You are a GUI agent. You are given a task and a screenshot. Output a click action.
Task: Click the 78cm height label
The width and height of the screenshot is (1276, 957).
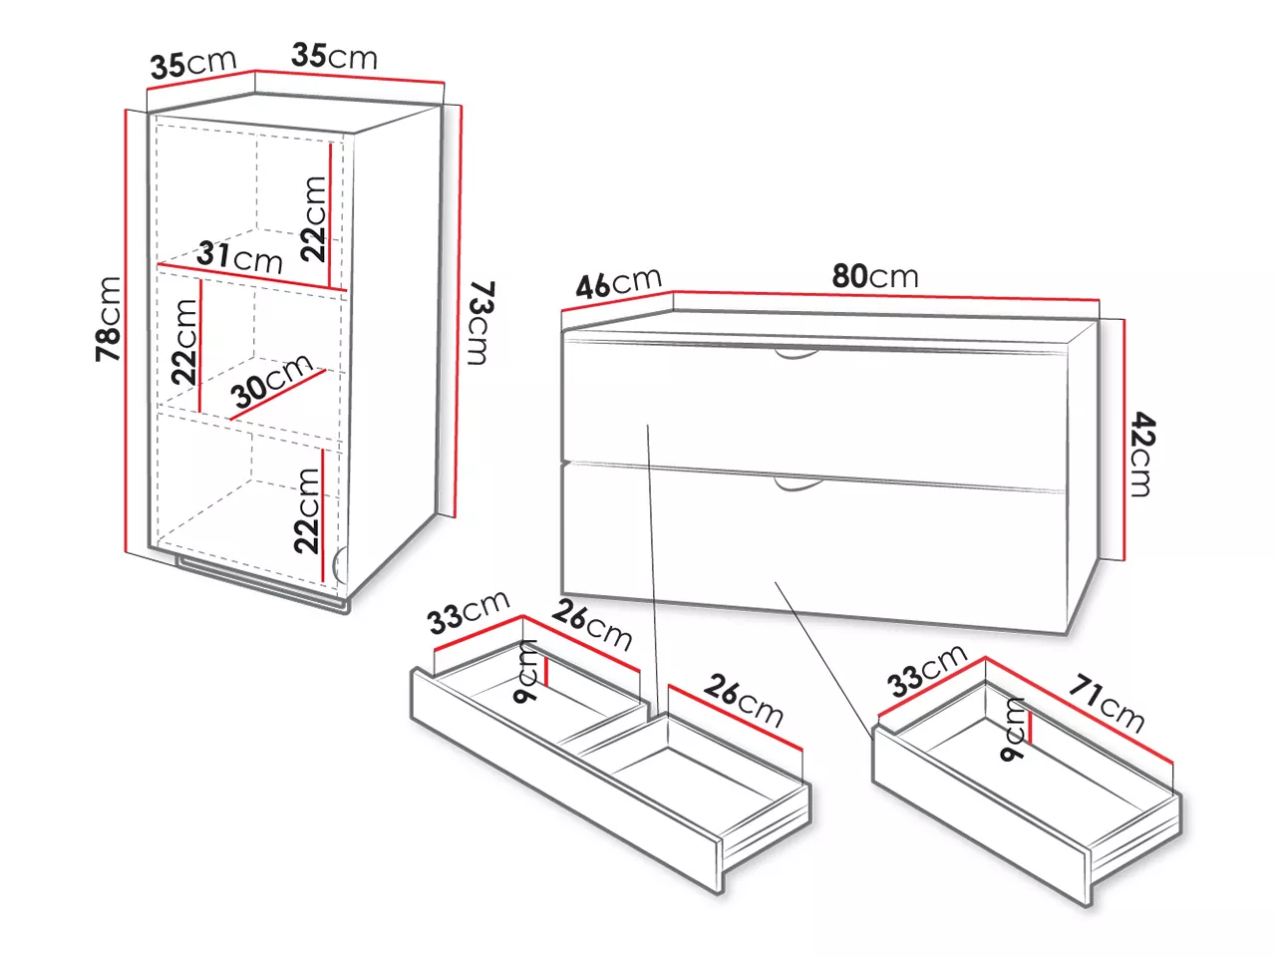coord(109,319)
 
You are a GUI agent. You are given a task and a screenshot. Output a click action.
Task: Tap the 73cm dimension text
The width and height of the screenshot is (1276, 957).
coord(482,323)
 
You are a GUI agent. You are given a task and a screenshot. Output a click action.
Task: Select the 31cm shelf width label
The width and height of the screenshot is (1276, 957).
coord(239,257)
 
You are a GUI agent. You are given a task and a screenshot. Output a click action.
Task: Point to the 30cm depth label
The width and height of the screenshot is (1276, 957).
coord(272,381)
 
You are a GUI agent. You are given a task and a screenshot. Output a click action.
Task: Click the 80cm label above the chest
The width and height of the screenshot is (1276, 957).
coord(875,276)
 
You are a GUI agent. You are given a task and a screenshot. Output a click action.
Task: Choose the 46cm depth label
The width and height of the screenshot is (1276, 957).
coord(618,283)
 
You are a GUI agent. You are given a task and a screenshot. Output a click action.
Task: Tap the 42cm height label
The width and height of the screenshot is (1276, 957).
coord(1141,454)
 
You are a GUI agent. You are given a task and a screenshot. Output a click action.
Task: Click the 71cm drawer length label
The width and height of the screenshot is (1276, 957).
coord(1107,703)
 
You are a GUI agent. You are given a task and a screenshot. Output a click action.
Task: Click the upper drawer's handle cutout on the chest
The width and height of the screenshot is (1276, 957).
coord(797,353)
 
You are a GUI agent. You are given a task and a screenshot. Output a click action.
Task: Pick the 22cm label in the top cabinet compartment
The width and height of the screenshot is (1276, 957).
coord(313,218)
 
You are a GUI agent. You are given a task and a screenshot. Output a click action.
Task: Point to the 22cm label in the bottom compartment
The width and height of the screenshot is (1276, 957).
coord(307,510)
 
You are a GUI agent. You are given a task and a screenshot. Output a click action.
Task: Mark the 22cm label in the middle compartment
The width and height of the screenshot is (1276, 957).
coord(184,342)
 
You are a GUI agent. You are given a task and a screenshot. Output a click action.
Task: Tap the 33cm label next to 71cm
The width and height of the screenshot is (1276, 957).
coord(927,670)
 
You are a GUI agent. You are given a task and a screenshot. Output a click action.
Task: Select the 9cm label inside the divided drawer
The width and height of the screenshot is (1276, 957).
coord(526,672)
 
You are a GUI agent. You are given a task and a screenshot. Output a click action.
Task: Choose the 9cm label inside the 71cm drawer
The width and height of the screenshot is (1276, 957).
coord(1012,729)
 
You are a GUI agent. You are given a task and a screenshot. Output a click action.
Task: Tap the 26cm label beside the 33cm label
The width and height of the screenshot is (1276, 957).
coord(592,625)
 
